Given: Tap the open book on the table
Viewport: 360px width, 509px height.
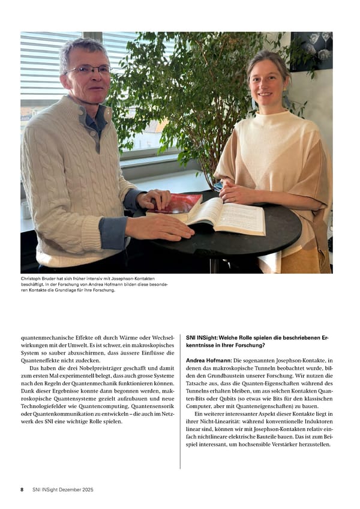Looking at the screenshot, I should (x=225, y=216).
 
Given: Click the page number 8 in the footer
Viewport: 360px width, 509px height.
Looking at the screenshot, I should (x=22, y=489).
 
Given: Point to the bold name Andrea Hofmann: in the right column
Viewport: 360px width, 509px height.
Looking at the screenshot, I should (x=208, y=360).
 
